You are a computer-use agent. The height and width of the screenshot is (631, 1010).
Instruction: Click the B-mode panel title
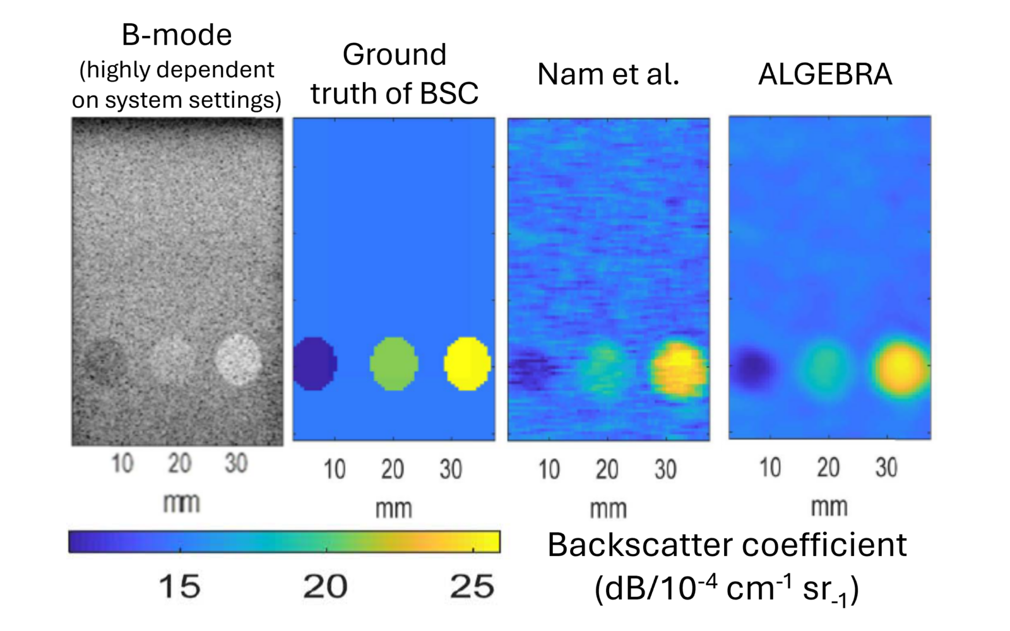[x=177, y=35]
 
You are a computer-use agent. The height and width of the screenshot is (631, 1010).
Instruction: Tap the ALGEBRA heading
[x=825, y=74]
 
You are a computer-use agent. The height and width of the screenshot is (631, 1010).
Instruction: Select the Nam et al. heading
[x=608, y=74]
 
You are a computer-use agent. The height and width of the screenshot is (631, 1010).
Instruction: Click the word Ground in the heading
[x=394, y=54]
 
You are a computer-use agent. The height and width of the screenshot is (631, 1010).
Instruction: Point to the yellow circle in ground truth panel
[x=467, y=364]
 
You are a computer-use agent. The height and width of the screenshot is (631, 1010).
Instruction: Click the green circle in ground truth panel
[x=393, y=364]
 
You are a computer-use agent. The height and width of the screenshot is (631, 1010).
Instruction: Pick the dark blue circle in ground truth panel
[x=314, y=364]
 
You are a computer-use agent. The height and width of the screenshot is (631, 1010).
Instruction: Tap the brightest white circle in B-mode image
[x=237, y=359]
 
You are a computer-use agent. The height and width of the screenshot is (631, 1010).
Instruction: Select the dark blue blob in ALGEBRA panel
[x=753, y=367]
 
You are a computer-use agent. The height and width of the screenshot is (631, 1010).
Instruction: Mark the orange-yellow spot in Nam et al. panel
[x=679, y=369]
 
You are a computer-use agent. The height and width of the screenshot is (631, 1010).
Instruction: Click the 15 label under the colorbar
[x=180, y=587]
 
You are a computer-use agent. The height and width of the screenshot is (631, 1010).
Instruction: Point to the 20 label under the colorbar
[x=326, y=587]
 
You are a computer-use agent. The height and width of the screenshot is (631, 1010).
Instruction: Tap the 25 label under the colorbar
[x=472, y=587]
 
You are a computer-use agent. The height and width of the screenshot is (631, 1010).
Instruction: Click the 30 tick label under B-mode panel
[x=236, y=464]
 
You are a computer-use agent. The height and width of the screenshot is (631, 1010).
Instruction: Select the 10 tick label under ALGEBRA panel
[x=770, y=468]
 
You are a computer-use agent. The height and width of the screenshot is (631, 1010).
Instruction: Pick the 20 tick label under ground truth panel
[x=393, y=470]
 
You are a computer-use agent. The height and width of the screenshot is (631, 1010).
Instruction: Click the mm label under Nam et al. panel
[x=608, y=509]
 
